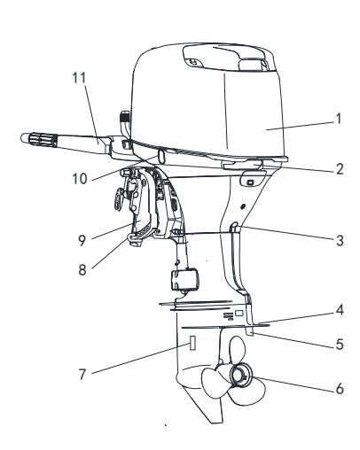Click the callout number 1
click(x=338, y=119)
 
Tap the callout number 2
click(x=340, y=169)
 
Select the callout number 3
click(x=340, y=241)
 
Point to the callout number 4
click(x=340, y=310)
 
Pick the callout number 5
click(x=340, y=344)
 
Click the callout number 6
click(x=340, y=388)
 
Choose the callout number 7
click(x=82, y=375)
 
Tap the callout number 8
click(x=82, y=269)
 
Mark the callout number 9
click(x=82, y=241)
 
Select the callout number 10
click(x=80, y=179)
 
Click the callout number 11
click(x=79, y=78)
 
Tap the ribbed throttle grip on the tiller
click(x=39, y=138)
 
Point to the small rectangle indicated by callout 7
click(x=192, y=343)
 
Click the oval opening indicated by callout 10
click(x=161, y=156)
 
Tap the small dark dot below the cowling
click(x=243, y=206)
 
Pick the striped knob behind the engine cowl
click(x=125, y=117)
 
